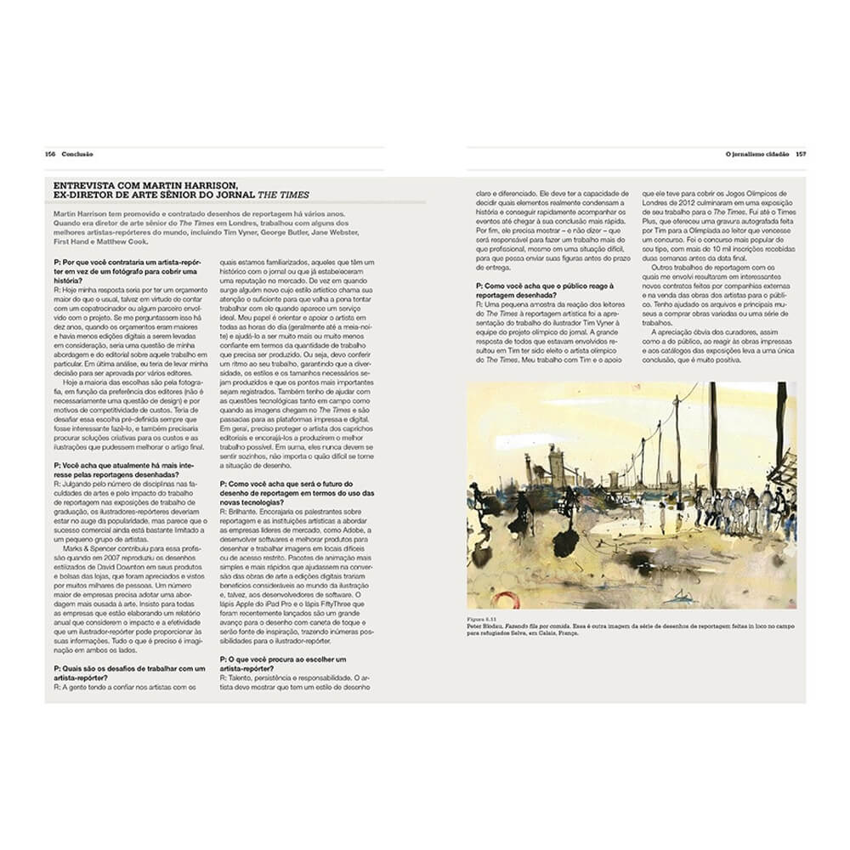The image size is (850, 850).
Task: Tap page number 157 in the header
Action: pos(800,155)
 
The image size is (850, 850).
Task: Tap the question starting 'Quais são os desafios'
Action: pos(127,669)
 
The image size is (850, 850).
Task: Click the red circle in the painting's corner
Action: pos(507,598)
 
